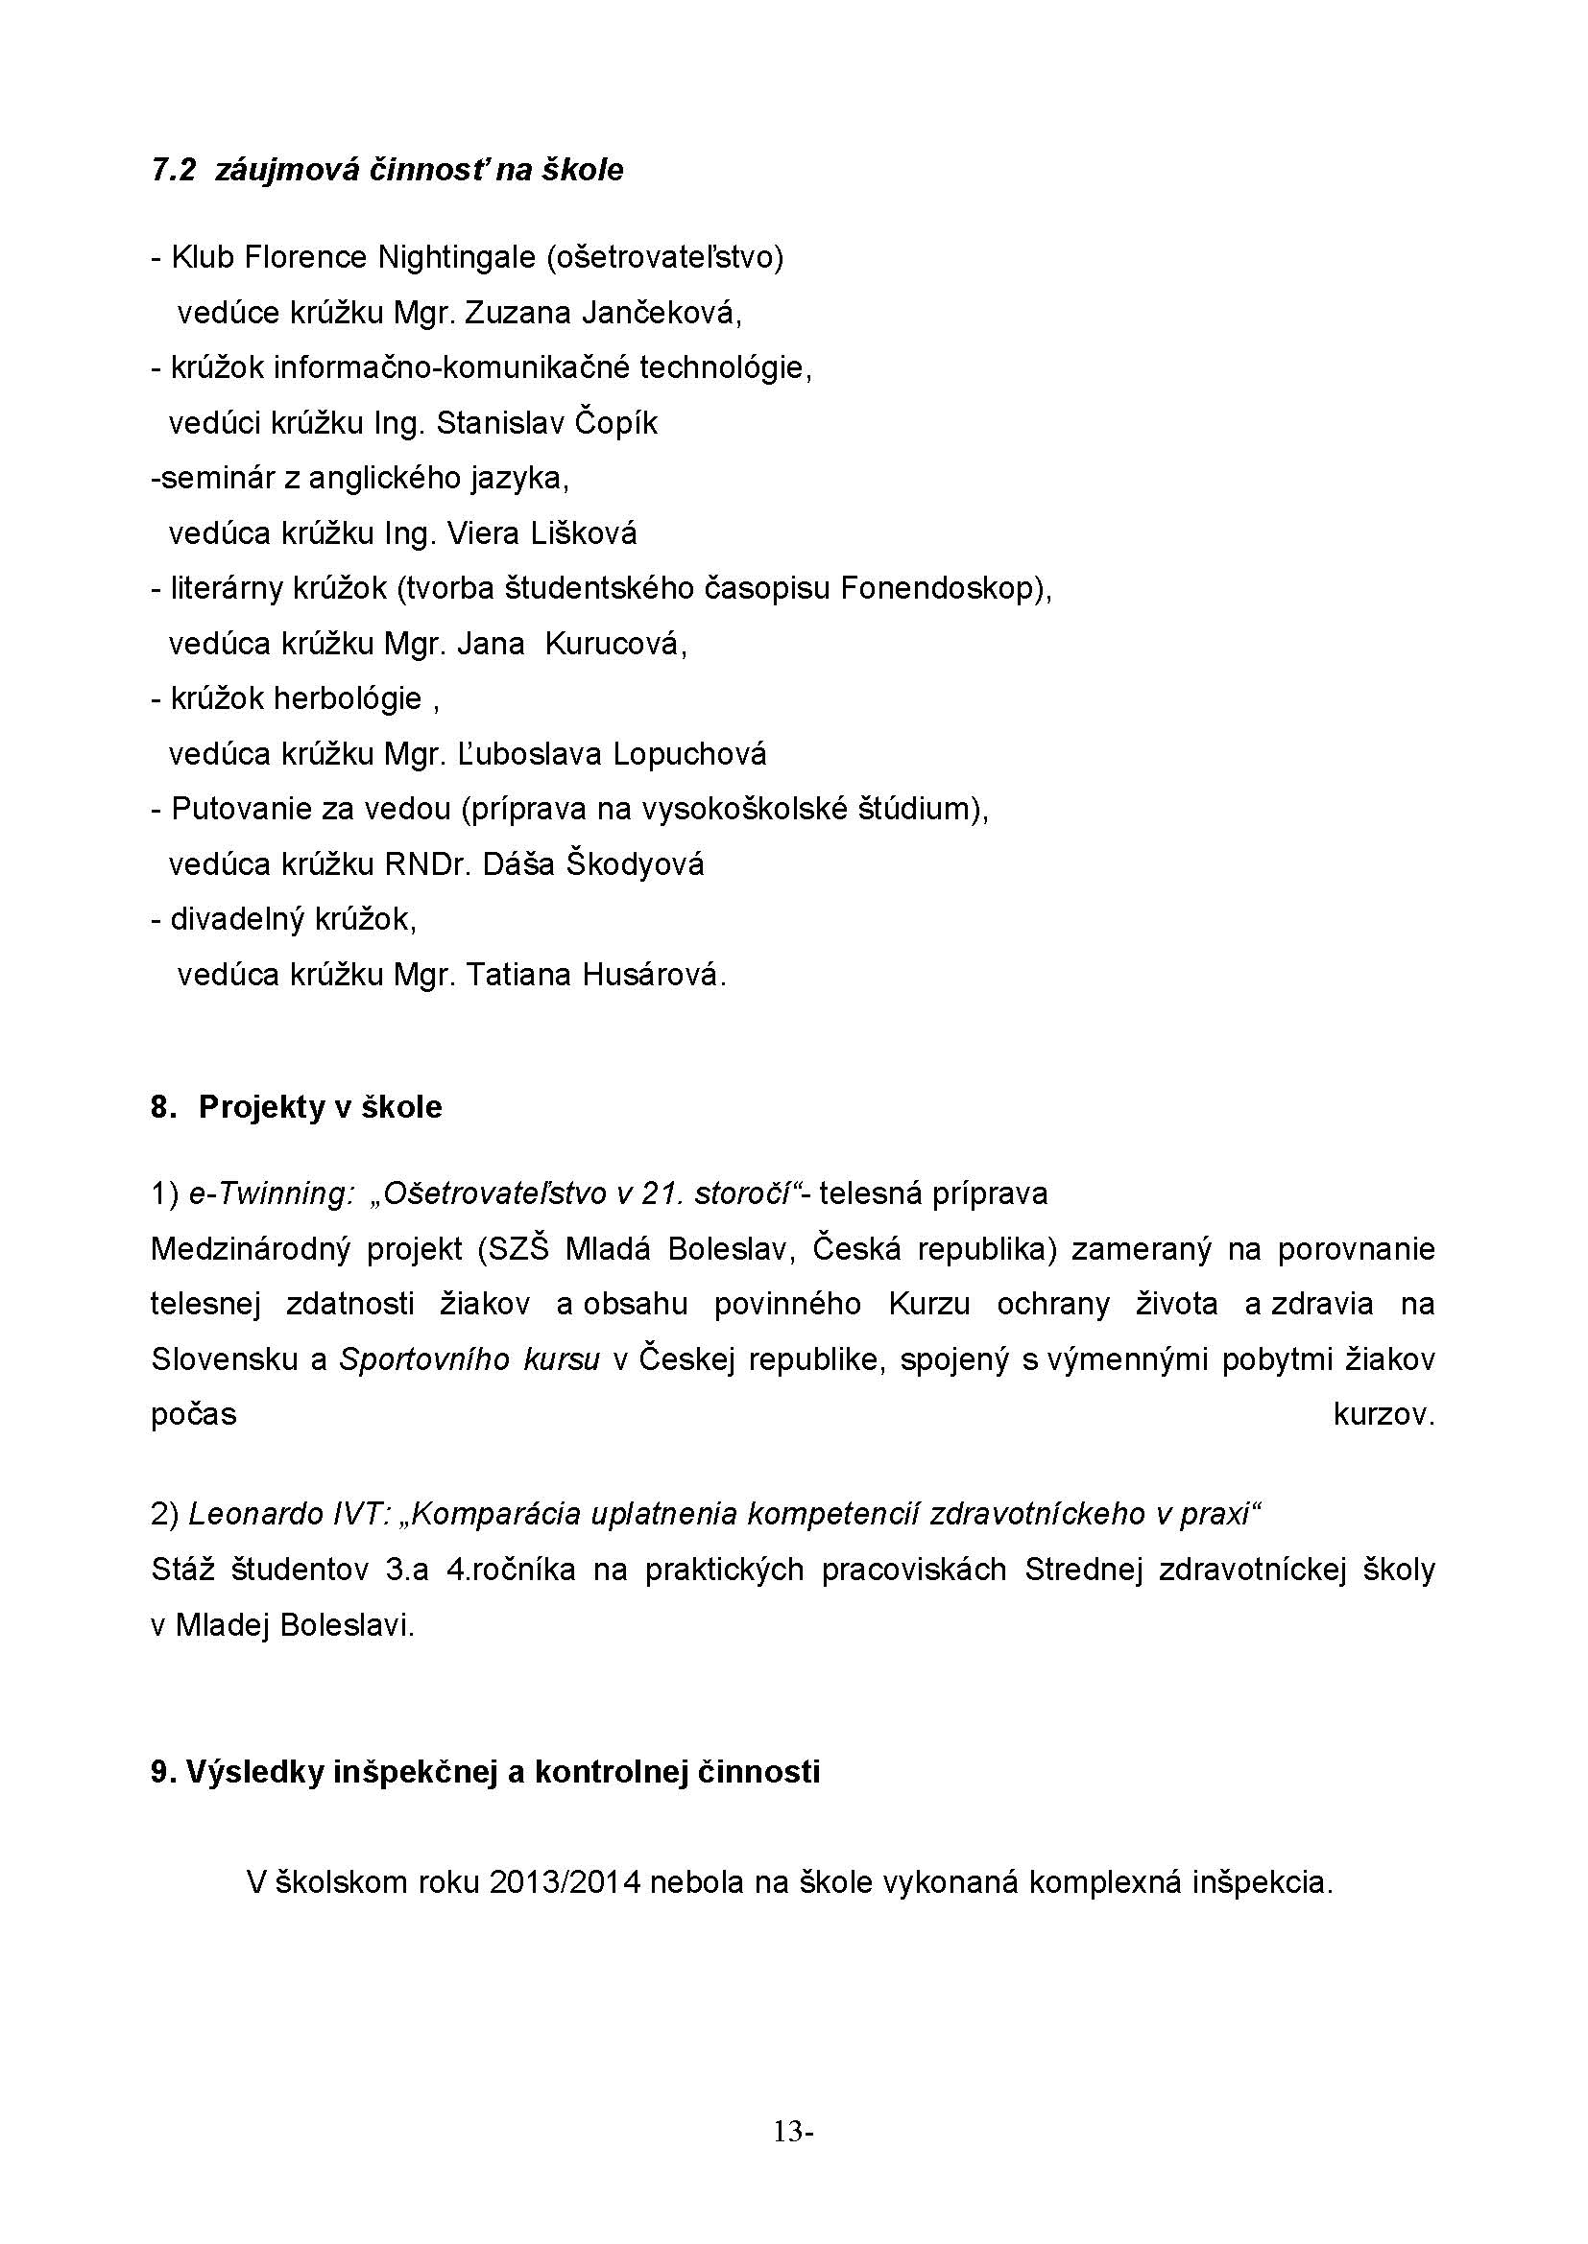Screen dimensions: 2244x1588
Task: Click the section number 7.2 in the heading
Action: pyautogui.click(x=173, y=171)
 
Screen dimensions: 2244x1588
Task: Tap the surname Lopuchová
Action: pyautogui.click(x=689, y=754)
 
